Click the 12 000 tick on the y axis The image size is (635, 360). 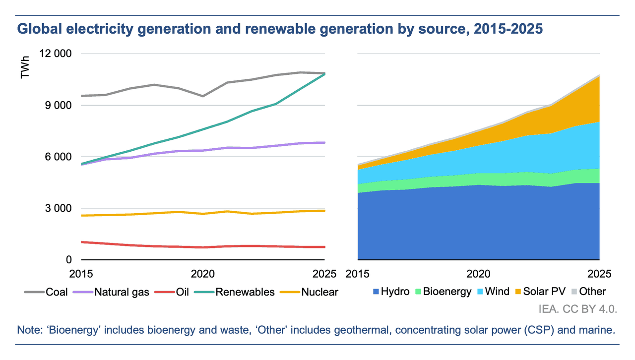click(55, 54)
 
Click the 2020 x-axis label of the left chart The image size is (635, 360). click(202, 274)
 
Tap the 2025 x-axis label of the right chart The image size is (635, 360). click(599, 274)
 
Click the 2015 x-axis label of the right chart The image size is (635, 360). click(358, 274)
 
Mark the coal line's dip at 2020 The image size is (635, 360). click(202, 96)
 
